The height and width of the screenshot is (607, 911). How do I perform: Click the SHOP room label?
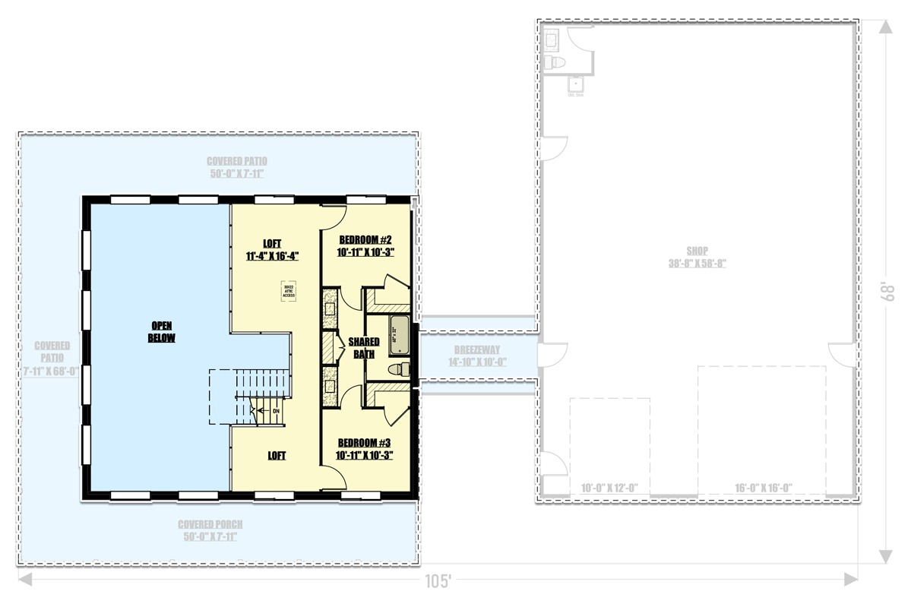[697, 251]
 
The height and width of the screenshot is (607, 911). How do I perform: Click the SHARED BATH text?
[364, 348]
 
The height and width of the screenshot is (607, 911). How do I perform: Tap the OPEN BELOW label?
[161, 332]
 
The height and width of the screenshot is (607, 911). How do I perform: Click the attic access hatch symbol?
[288, 292]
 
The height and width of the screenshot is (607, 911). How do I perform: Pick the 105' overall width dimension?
[438, 583]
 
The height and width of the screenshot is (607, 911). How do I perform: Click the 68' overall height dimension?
[886, 292]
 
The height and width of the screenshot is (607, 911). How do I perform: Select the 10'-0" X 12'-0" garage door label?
[609, 488]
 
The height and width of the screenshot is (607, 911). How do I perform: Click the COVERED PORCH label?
[210, 524]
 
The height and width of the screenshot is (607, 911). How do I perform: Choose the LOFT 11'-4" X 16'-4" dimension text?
[272, 256]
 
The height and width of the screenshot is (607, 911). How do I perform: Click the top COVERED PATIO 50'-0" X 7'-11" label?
[237, 161]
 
